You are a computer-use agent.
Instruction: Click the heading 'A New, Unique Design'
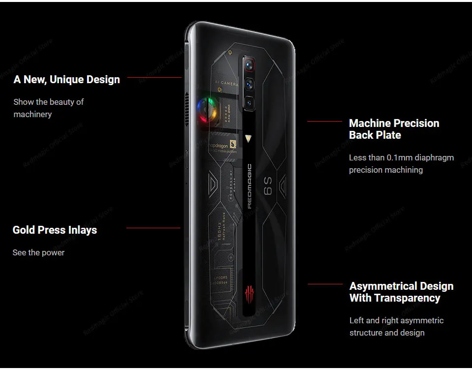(67, 79)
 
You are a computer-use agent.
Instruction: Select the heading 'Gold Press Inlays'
(55, 230)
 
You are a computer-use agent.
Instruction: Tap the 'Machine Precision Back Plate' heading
(394, 129)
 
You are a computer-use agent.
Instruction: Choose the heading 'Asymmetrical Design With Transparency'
(401, 292)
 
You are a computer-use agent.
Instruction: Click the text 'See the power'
(38, 252)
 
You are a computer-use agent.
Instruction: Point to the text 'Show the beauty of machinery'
(48, 108)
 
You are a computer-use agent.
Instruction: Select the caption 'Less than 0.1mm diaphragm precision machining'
(401, 163)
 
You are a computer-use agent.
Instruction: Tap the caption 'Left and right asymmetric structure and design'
(396, 326)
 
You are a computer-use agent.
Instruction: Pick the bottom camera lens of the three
(248, 103)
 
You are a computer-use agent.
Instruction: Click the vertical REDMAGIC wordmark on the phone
(249, 186)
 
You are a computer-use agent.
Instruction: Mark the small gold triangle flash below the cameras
(248, 138)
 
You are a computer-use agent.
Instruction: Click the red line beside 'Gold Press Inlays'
(153, 228)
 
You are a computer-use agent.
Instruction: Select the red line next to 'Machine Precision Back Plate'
(324, 121)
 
